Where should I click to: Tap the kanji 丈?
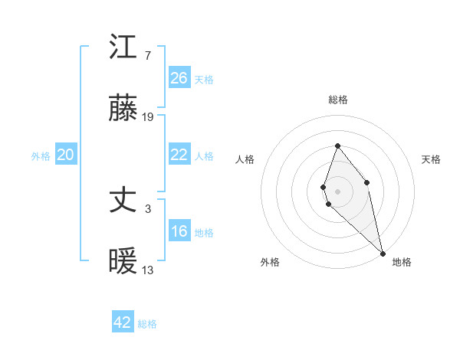pos(123,201)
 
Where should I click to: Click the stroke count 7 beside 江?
pos(147,55)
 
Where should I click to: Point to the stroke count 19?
pos(148,117)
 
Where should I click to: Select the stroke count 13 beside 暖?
pos(148,270)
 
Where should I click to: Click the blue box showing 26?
pos(179,78)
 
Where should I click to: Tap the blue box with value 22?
pos(179,155)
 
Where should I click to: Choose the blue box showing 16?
pos(179,231)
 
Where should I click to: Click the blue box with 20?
pos(66,155)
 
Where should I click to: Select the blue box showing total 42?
pos(123,322)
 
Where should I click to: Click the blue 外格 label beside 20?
pos(41,156)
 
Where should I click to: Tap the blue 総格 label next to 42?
pos(147,324)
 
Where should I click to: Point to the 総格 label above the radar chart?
pos(337,100)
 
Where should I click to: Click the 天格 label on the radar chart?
pos(431,159)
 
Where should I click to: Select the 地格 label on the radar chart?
pos(402,262)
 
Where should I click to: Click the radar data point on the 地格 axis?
pos(382,253)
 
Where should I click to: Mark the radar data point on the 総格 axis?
pos(337,146)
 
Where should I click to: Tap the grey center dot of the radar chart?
pos(337,191)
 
